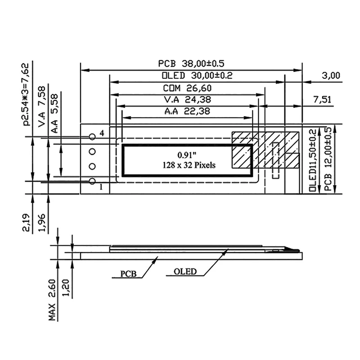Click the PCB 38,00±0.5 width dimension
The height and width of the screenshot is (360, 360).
click(x=191, y=63)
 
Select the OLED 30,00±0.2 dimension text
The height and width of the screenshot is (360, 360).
click(x=190, y=75)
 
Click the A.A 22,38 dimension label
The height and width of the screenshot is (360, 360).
click(x=188, y=111)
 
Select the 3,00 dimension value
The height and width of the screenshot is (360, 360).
click(x=332, y=76)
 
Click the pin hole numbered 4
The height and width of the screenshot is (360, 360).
click(x=92, y=136)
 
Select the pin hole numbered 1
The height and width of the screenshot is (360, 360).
click(x=92, y=181)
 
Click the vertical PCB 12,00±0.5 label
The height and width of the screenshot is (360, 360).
click(x=328, y=160)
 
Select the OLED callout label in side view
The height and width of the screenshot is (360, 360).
click(x=185, y=271)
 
